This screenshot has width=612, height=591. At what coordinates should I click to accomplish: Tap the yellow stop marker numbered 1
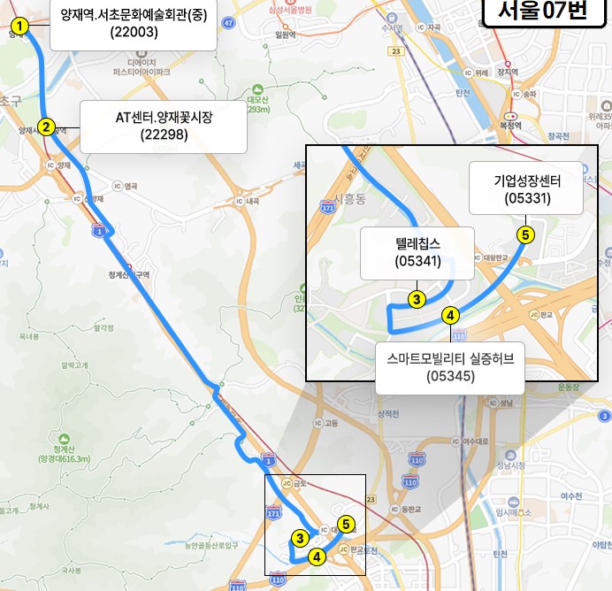[20, 26]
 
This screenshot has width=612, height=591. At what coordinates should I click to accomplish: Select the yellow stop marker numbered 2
[45, 127]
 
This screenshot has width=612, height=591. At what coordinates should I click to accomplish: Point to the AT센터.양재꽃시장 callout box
[164, 126]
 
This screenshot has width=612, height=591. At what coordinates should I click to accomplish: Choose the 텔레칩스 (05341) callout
[418, 249]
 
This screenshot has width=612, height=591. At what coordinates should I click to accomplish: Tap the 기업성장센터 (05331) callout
[527, 188]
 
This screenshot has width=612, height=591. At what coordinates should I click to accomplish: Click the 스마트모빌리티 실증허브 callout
[450, 366]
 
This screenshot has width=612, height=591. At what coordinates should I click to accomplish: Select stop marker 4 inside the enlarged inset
[449, 314]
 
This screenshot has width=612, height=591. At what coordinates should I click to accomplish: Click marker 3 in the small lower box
[301, 537]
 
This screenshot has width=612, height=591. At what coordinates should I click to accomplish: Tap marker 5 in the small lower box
[346, 524]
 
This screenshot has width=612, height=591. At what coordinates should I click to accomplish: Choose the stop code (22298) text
[164, 134]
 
